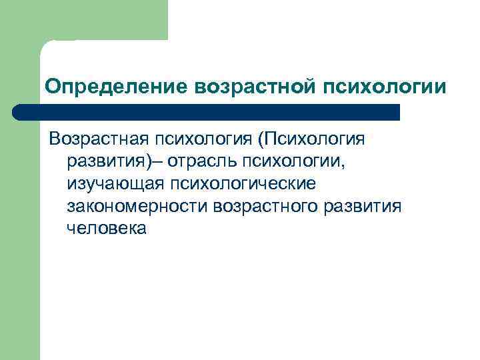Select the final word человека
click(106, 227)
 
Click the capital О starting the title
click(51, 87)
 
